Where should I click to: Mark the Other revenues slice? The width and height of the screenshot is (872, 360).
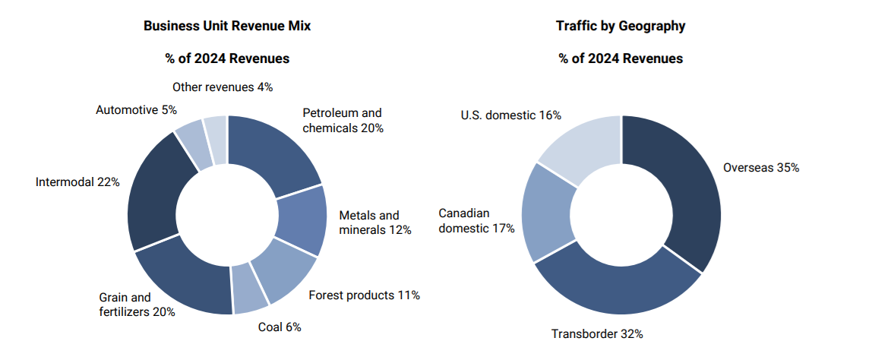click(216, 130)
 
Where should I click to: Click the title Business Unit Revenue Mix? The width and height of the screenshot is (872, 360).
click(227, 26)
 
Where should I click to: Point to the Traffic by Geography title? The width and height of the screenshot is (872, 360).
click(621, 26)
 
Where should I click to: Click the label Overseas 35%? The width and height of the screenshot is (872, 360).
click(760, 168)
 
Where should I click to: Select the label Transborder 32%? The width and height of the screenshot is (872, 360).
click(597, 333)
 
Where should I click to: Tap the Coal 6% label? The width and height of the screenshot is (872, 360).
click(280, 327)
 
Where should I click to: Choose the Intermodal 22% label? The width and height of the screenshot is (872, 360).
click(77, 182)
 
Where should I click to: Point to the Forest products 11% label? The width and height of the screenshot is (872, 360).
click(365, 295)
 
